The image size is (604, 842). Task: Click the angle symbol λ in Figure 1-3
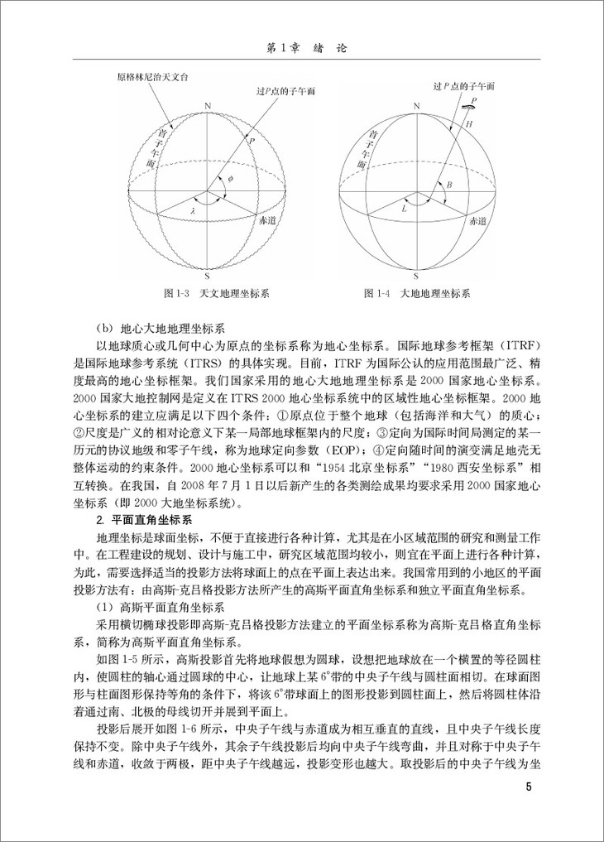click(x=192, y=212)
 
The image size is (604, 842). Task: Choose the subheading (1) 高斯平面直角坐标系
click(x=148, y=607)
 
